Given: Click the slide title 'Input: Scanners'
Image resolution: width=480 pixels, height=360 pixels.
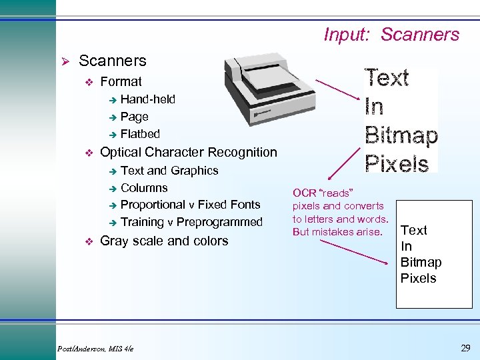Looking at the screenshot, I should [x=391, y=35].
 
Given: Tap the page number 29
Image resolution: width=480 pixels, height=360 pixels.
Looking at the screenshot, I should [x=465, y=348].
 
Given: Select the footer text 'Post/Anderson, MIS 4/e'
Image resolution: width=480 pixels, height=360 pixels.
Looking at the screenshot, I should [x=95, y=349].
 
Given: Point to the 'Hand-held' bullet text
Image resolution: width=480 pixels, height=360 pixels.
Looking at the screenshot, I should [x=147, y=99].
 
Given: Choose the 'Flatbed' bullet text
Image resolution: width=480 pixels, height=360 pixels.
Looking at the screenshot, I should [x=140, y=133].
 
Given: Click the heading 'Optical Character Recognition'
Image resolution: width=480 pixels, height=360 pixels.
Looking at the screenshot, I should [x=188, y=152].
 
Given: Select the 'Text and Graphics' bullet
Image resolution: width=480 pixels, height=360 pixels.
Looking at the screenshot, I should [x=169, y=171].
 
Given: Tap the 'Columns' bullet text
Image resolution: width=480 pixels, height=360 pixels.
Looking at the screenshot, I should [x=144, y=188].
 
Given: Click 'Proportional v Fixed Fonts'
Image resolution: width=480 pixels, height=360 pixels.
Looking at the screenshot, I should [x=190, y=205].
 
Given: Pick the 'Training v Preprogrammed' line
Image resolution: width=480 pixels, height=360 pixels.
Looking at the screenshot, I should [x=191, y=222].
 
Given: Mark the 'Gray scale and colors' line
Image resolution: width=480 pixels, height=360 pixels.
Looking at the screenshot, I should [x=163, y=241].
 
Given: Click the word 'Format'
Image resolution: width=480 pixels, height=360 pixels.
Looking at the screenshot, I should [x=121, y=81].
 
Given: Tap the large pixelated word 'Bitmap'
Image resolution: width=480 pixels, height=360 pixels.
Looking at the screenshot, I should [x=401, y=135].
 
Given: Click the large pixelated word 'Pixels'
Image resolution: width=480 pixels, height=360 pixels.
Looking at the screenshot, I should [x=397, y=163].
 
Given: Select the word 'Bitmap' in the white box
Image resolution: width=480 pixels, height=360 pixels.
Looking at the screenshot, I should [x=421, y=262].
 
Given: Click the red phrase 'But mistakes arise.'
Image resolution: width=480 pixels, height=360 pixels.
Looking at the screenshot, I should [x=337, y=232].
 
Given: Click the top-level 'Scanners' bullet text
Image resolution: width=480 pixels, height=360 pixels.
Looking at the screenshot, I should [x=112, y=61].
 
